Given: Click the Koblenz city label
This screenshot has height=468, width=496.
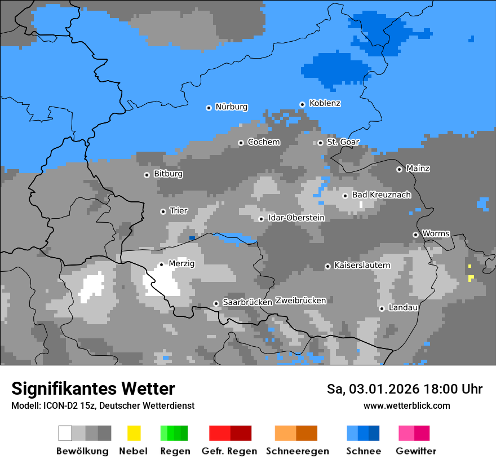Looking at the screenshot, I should (x=325, y=103).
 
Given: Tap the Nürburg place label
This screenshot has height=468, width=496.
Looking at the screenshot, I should (x=231, y=107).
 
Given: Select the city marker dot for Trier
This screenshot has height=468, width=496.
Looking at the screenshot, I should (x=163, y=211).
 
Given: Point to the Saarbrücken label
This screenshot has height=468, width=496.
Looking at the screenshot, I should (x=247, y=302).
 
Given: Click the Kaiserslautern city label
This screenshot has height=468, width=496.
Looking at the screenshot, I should (x=362, y=265).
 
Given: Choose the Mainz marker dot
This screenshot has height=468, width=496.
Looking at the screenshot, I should (x=399, y=169).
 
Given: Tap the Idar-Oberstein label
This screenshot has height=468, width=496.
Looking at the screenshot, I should (x=296, y=218).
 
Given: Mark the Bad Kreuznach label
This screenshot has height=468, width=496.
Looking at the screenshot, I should (x=381, y=195).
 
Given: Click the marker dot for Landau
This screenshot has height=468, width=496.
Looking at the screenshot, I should (x=382, y=308).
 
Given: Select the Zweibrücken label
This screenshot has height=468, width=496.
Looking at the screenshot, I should (x=300, y=301).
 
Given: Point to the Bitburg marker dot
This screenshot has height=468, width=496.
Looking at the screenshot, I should (x=147, y=175).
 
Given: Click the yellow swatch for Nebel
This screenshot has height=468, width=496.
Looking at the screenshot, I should (x=134, y=433).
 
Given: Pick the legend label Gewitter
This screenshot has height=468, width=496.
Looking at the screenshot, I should (x=415, y=451).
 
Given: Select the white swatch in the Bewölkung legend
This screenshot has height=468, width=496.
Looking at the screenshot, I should (x=65, y=433).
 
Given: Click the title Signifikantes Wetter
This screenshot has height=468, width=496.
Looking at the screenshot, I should (x=93, y=389).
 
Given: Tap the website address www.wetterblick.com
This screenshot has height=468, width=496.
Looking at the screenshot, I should (x=406, y=405).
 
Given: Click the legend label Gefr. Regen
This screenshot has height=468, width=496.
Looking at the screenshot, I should (x=229, y=451).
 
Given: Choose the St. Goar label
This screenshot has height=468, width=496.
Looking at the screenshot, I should (x=343, y=142).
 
